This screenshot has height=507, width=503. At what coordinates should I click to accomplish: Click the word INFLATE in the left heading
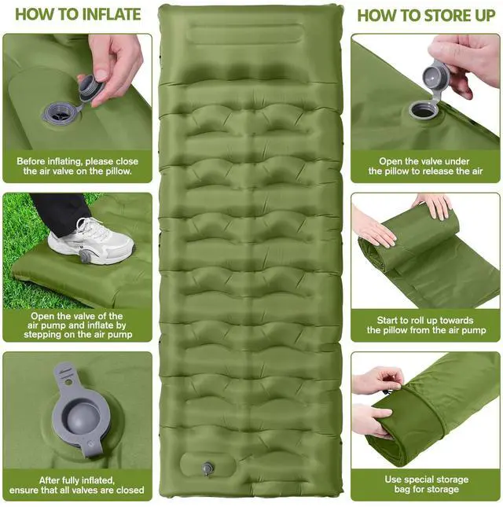pos(112,15)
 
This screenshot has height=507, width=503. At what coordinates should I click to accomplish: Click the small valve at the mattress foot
pos(207,468)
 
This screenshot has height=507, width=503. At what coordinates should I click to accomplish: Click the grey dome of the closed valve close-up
pos(80,418)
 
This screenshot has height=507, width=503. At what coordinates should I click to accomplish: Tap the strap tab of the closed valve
pos(67,375)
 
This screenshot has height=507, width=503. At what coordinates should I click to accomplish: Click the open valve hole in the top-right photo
pos(424,110)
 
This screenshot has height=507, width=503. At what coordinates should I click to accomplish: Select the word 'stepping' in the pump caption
pos(42,334)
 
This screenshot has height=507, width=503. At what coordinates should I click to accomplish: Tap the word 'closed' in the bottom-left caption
pos(130,490)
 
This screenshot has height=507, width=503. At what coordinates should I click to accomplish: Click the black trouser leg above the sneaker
pos(60,210)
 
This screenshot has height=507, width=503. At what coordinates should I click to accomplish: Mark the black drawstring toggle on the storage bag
pos(387,392)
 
